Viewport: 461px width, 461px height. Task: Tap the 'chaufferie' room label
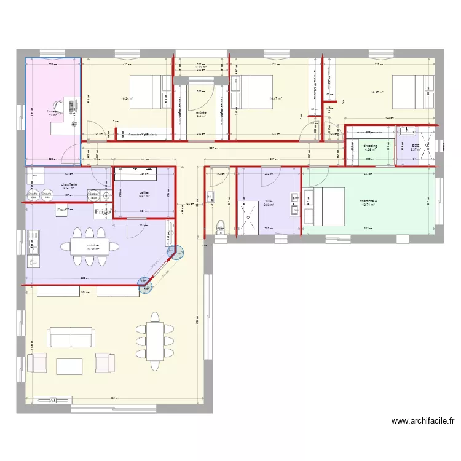[68, 184]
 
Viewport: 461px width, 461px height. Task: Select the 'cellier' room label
[144, 192]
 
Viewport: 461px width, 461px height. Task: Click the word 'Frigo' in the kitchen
[102, 212]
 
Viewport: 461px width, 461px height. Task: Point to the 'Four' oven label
[61, 211]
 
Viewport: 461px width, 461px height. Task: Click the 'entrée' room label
[200, 113]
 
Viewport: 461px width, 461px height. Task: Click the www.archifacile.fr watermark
[424, 422]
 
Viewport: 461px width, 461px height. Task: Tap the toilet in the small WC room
[220, 227]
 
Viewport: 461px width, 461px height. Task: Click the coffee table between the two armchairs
[69, 366]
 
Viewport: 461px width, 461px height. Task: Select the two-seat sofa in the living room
[72, 337]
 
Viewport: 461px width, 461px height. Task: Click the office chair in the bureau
[61, 105]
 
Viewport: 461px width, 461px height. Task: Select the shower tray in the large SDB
[250, 217]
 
